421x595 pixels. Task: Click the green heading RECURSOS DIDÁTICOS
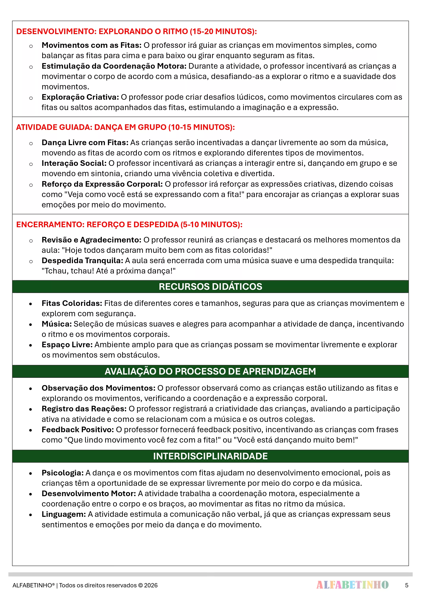click(x=210, y=287)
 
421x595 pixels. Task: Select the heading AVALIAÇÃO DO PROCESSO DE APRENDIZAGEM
click(x=210, y=371)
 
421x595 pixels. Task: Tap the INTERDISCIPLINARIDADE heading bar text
click(x=210, y=456)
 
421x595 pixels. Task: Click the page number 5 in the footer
click(x=406, y=585)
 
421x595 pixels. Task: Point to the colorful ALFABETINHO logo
click(x=352, y=585)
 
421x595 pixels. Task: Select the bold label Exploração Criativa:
click(x=80, y=97)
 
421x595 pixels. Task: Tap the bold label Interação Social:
click(x=74, y=163)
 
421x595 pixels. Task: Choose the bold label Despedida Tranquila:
click(x=82, y=261)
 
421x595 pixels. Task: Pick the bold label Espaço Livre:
click(x=67, y=345)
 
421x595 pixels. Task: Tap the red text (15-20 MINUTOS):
click(x=223, y=32)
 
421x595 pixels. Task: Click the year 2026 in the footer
click(x=151, y=585)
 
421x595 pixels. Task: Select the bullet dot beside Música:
click(x=31, y=324)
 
